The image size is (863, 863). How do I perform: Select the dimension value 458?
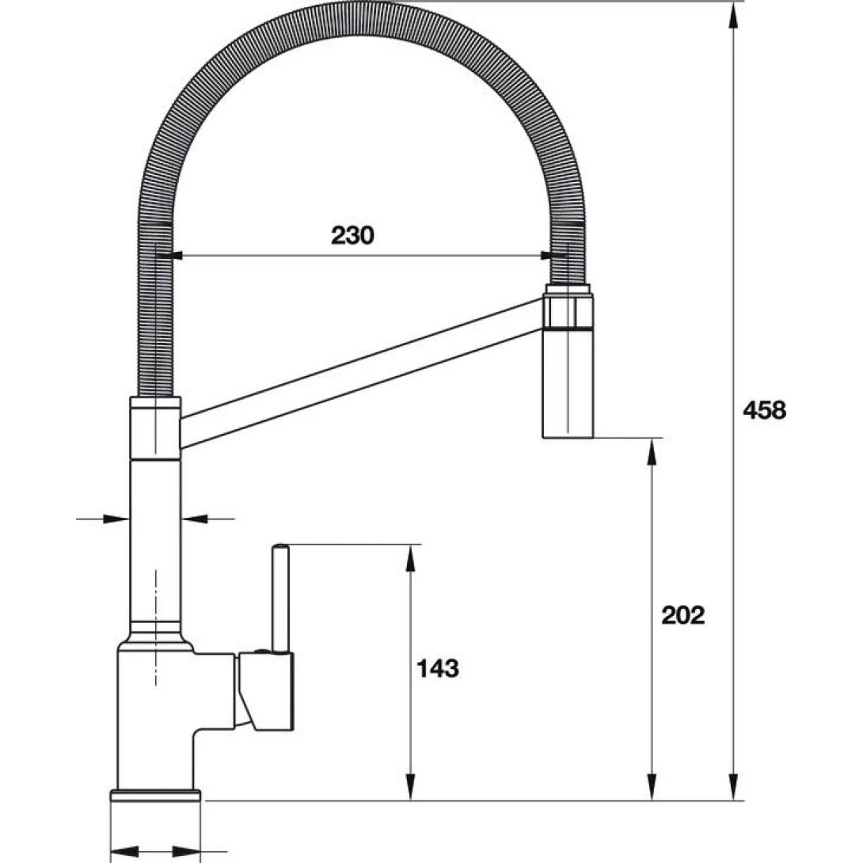tap(764, 410)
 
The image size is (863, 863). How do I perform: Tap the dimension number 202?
tap(682, 614)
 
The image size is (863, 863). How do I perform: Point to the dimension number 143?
tap(437, 668)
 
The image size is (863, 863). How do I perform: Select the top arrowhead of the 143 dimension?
tap(410, 556)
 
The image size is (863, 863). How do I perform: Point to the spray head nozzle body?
tap(567, 384)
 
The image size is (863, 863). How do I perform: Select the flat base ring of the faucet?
tap(156, 795)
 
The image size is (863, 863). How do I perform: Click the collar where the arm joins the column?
tap(155, 428)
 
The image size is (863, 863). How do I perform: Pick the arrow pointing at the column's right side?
tap(194, 519)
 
